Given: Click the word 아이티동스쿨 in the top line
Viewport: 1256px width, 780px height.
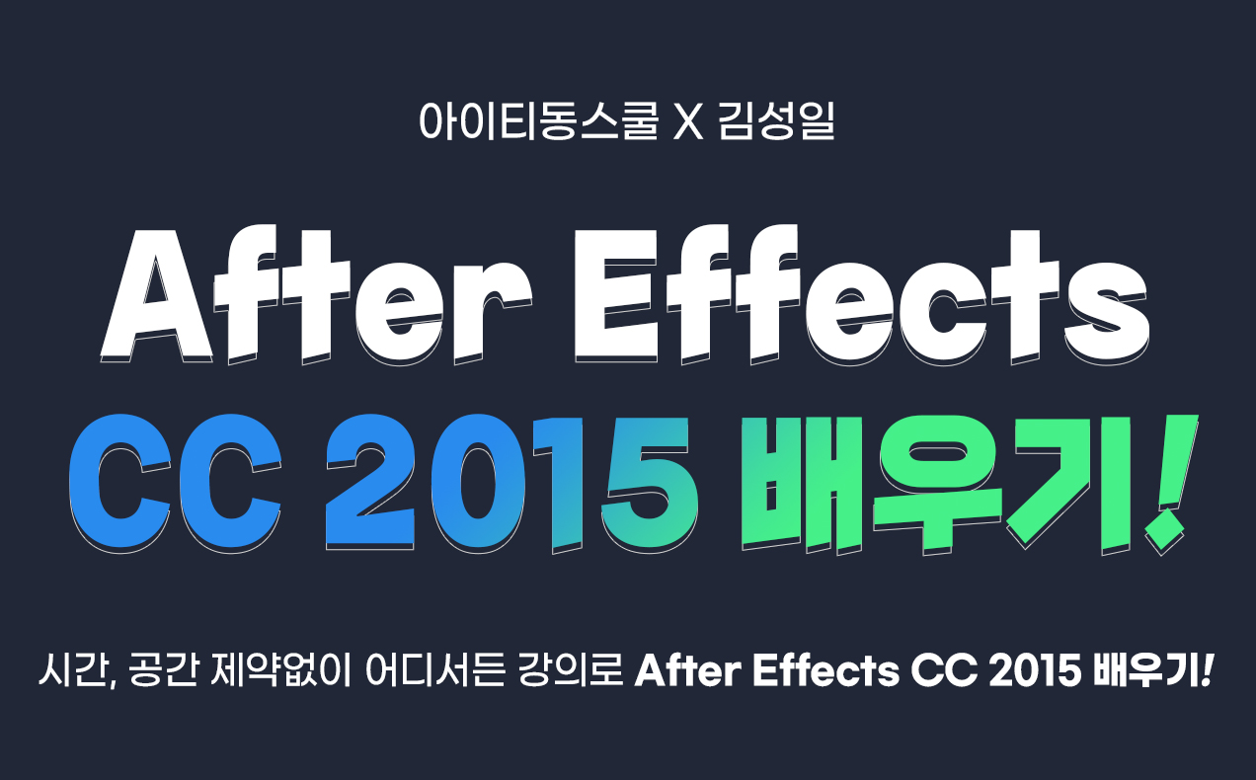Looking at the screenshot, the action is click(x=538, y=120).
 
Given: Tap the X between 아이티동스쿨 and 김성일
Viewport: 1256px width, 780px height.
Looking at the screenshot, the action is click(x=688, y=121).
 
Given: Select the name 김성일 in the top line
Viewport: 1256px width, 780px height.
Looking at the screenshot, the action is click(x=776, y=120).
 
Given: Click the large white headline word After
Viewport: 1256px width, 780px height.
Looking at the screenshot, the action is click(x=317, y=294).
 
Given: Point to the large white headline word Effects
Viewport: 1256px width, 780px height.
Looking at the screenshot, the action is click(x=862, y=294).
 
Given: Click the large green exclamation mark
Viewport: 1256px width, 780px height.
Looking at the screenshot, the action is click(x=1169, y=485).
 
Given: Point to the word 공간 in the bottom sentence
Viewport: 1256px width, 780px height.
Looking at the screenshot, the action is click(x=163, y=670).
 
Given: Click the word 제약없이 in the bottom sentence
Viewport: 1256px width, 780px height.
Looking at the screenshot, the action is click(x=280, y=670).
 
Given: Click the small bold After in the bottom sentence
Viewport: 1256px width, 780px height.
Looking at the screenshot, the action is click(x=688, y=670).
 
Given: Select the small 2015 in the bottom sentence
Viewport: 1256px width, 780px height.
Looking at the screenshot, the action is click(x=1035, y=670).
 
